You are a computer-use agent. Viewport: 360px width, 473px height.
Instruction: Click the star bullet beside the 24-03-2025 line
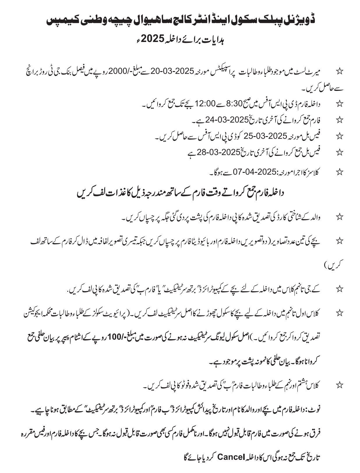click(339, 119)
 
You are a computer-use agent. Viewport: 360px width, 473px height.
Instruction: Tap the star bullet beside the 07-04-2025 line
click(339, 172)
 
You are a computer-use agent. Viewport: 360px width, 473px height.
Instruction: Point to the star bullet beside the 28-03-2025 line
click(339, 152)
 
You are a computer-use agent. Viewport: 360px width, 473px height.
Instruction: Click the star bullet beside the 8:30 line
click(339, 103)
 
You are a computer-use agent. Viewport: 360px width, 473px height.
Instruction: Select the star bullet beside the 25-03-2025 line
click(339, 136)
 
